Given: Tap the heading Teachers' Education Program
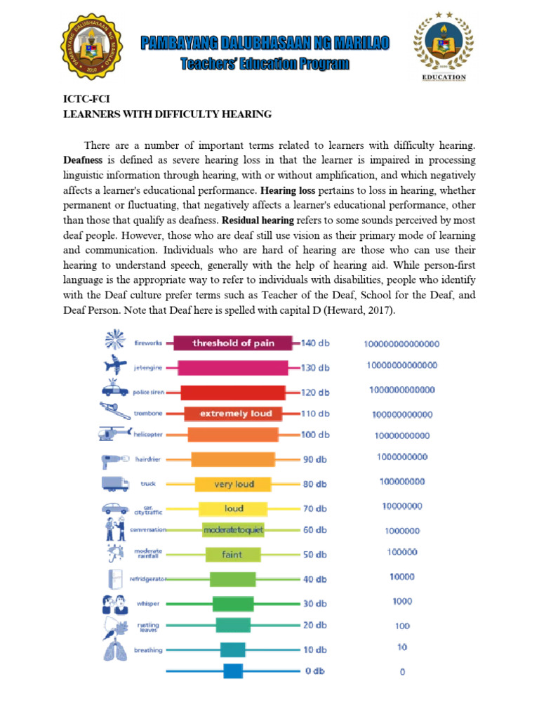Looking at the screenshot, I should pyautogui.click(x=265, y=65).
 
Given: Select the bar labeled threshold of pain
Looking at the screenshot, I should pyautogui.click(x=234, y=343).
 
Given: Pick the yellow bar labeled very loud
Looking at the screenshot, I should pyautogui.click(x=234, y=484).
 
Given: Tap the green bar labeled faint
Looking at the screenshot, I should pyautogui.click(x=232, y=555).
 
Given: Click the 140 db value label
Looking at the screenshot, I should pyautogui.click(x=315, y=343).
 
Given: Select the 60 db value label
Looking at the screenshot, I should pyautogui.click(x=314, y=530).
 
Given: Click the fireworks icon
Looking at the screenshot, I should pyautogui.click(x=112, y=341).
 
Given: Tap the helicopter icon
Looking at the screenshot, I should pyautogui.click(x=112, y=434).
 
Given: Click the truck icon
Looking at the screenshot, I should pyautogui.click(x=114, y=483).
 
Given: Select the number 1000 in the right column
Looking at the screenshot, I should pyautogui.click(x=402, y=601).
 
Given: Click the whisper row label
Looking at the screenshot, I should pyautogui.click(x=147, y=603).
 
